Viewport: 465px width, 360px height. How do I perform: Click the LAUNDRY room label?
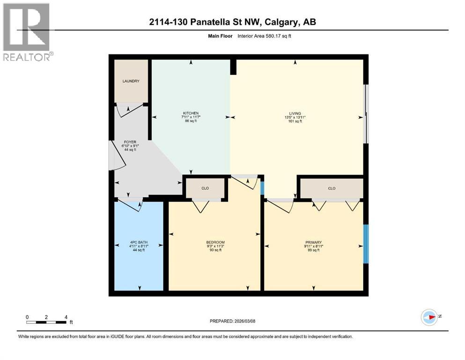pos(131,81)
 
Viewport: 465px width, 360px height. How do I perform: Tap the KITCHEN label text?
pos(191,113)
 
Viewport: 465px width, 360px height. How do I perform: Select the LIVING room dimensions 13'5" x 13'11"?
pos(295,117)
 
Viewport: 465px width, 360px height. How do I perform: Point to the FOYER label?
pos(130,142)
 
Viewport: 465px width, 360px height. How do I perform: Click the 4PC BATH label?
pos(138,242)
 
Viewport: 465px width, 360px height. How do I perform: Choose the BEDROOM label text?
pos(215,242)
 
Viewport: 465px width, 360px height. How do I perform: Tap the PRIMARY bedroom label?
pos(313,242)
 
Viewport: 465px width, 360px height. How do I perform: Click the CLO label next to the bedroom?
pos(205,188)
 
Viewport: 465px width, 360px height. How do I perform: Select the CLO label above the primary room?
pos(332,188)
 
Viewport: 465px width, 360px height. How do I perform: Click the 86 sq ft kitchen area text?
pos(191,121)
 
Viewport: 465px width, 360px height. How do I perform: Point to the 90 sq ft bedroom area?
pos(215,250)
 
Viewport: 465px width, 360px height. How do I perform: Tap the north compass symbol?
pos(429,317)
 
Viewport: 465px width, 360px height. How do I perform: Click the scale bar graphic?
pos(46,322)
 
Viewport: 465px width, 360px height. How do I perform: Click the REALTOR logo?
pos(27,32)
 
